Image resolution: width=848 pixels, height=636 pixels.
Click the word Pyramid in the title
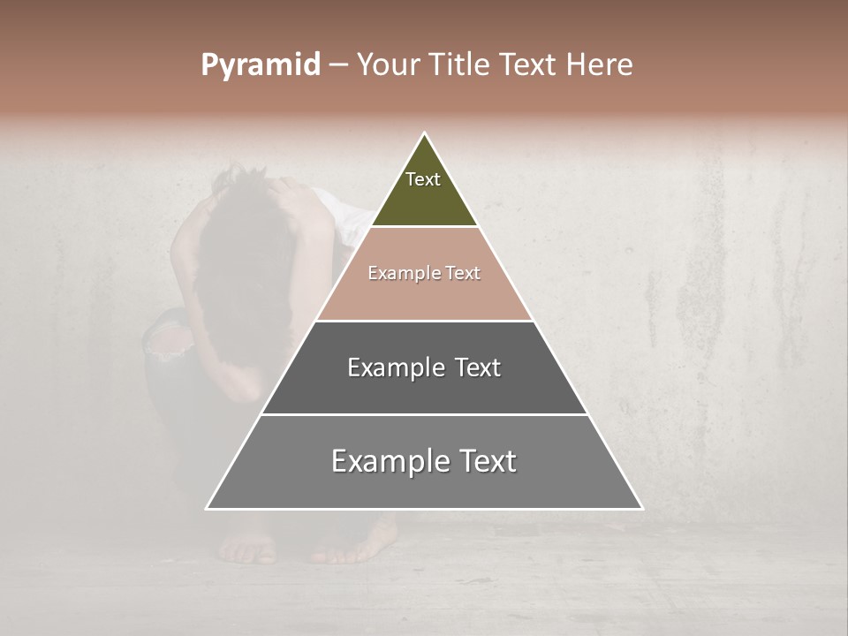tap(260, 65)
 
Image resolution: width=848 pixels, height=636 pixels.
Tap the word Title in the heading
tap(462, 65)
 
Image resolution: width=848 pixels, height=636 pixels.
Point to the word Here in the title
tap(600, 65)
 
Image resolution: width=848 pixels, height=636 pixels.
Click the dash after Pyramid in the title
tap(337, 65)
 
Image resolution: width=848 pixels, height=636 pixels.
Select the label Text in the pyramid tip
tap(423, 179)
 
